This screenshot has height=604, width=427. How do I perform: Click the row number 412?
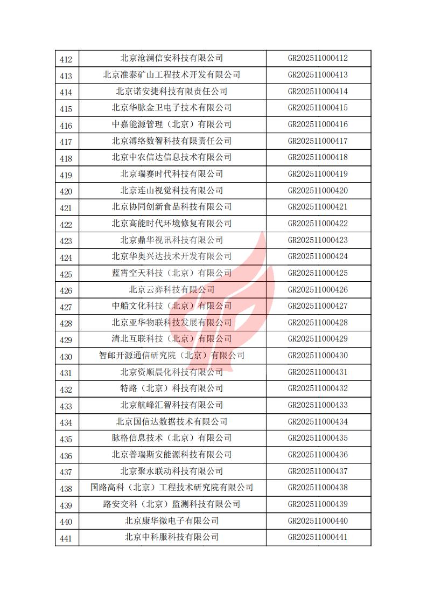click(66, 59)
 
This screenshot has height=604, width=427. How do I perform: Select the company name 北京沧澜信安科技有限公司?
click(171, 58)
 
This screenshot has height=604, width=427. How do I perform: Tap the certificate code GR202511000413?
click(318, 75)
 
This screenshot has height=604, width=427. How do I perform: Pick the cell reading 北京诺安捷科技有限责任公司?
click(171, 92)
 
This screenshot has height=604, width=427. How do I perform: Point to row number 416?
click(66, 126)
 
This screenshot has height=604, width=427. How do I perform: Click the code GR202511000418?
click(318, 157)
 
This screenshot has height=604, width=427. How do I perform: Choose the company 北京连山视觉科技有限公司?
click(171, 191)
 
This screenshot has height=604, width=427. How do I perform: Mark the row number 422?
click(66, 225)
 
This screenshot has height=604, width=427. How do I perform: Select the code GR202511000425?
click(318, 273)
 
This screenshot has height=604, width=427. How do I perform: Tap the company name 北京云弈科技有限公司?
click(171, 290)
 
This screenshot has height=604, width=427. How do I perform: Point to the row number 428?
click(66, 324)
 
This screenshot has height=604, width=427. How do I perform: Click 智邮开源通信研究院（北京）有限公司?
click(171, 356)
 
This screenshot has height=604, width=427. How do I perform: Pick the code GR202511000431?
click(318, 372)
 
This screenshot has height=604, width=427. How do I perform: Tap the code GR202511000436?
click(318, 455)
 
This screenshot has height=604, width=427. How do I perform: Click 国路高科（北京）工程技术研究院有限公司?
click(171, 488)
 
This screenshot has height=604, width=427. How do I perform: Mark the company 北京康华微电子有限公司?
click(171, 521)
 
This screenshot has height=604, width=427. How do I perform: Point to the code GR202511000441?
click(318, 537)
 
